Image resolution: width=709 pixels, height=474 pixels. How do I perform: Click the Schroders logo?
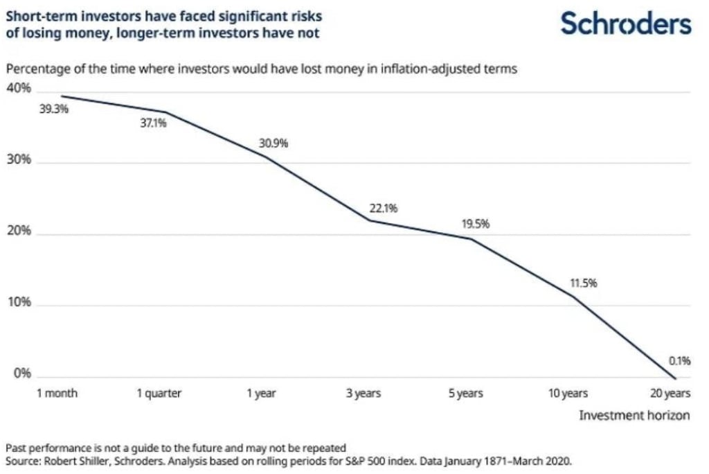pos(626,24)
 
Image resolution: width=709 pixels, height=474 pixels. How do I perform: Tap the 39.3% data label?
pos(55,109)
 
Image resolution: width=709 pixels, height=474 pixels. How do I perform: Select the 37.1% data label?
pos(154,124)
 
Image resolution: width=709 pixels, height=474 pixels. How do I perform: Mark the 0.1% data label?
pos(680,360)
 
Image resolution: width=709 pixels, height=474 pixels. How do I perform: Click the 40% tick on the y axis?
pos(19,89)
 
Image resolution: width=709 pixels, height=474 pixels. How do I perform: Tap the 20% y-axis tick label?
pos(19,231)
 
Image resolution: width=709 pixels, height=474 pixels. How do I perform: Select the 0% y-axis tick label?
pos(21,374)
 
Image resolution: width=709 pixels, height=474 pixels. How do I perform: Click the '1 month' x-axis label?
pos(57,394)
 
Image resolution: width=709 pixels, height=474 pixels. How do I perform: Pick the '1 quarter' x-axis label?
pos(159,394)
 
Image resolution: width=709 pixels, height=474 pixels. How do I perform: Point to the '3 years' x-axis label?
pos(364,394)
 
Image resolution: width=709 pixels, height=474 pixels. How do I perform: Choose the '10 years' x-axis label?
pos(568,394)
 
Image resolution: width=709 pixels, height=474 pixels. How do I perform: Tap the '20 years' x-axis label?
pos(670,394)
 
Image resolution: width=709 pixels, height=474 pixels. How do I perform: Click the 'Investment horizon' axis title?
pos(634,415)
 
